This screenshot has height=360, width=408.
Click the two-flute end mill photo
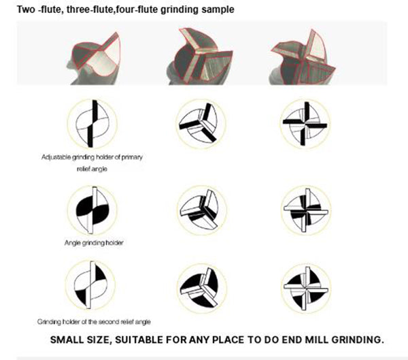[x=94, y=59]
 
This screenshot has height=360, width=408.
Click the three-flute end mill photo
[x=199, y=56]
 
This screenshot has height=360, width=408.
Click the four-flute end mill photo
[x=303, y=56]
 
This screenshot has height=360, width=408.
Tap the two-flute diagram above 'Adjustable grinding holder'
[x=92, y=124]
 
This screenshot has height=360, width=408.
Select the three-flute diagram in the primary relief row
[x=201, y=123]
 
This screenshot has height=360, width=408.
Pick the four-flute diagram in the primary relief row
[x=305, y=124]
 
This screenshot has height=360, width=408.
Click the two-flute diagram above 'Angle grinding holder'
[x=92, y=210]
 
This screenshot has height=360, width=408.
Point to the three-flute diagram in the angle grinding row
[x=202, y=210]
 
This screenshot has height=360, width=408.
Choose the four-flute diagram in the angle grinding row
[x=306, y=210]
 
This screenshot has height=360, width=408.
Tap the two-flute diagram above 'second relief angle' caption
[x=90, y=285]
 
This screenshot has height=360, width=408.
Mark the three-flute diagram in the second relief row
[x=202, y=289]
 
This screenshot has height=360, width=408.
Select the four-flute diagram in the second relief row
[x=306, y=289]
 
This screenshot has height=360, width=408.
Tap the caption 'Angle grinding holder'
[x=94, y=243]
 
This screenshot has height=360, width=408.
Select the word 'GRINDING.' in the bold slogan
[x=358, y=340]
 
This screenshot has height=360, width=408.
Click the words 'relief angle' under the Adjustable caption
[x=92, y=169]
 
